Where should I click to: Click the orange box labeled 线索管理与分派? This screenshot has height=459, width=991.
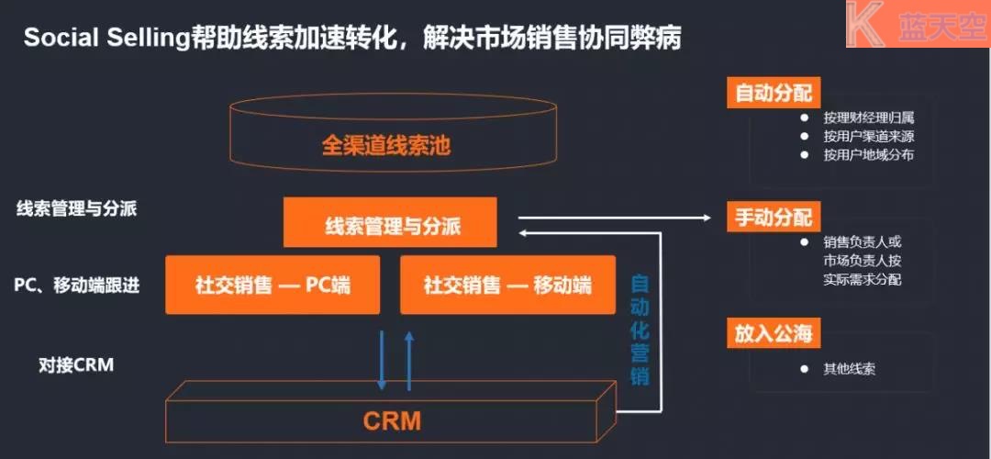[390, 223]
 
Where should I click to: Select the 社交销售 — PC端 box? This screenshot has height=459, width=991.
[273, 285]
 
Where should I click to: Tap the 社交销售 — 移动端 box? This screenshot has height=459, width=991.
[507, 285]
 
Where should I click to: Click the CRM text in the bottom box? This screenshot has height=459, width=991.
[392, 421]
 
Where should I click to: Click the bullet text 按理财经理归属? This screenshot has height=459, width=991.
[868, 118]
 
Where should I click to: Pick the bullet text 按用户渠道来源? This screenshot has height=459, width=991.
[868, 137]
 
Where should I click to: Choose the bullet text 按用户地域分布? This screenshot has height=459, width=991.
[868, 155]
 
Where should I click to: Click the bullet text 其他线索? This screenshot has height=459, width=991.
[849, 369]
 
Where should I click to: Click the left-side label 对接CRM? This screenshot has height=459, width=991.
[76, 365]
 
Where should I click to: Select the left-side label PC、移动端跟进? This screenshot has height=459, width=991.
[77, 285]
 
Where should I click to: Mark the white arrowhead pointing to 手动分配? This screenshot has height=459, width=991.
[706, 218]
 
